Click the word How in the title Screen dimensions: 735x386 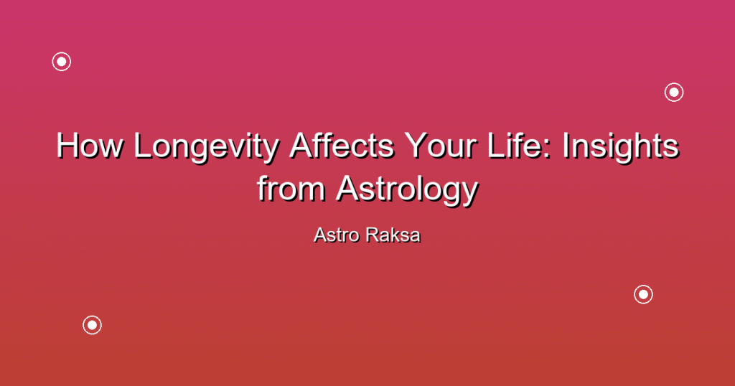click(x=90, y=145)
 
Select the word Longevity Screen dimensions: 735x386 click(x=206, y=148)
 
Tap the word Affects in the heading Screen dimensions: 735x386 click(x=342, y=145)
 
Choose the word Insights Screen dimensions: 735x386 click(x=621, y=148)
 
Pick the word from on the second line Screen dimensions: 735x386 click(x=291, y=188)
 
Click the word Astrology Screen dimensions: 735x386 click(x=408, y=191)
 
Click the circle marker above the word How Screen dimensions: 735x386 click(x=62, y=62)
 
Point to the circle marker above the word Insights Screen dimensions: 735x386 click(x=674, y=93)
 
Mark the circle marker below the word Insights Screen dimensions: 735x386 click(x=644, y=294)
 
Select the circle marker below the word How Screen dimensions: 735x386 click(x=93, y=325)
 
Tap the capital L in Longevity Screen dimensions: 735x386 click(x=143, y=145)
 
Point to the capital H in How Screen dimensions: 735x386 click(x=67, y=145)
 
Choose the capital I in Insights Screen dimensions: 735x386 click(x=566, y=145)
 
